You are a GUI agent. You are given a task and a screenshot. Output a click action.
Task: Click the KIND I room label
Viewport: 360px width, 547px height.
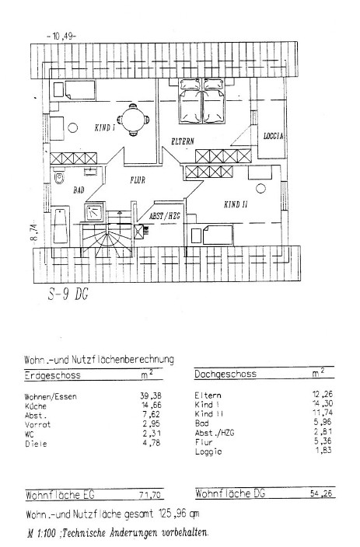click(105, 127)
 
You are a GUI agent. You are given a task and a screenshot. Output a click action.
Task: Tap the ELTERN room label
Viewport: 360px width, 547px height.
click(183, 141)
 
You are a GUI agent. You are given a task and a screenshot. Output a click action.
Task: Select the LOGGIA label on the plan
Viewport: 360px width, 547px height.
click(274, 136)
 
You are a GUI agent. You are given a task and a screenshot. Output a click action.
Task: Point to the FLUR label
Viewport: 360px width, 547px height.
click(138, 180)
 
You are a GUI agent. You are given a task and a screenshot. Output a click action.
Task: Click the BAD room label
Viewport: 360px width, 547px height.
click(79, 190)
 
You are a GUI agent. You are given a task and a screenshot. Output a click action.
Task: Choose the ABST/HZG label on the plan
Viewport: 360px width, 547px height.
click(165, 216)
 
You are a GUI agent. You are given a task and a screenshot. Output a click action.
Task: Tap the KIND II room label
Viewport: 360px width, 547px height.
click(236, 204)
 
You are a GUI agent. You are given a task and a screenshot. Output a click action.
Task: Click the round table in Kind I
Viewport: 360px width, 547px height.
click(134, 120)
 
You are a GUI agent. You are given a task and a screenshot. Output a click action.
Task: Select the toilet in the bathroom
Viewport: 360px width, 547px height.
click(59, 178)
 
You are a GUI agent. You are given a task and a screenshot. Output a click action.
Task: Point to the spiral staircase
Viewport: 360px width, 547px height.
click(107, 236)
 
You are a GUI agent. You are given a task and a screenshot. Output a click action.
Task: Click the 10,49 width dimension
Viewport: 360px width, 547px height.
click(61, 36)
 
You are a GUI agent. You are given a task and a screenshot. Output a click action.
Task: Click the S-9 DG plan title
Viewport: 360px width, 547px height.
click(68, 294)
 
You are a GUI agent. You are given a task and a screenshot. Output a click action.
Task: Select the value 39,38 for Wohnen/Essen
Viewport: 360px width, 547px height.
click(151, 395)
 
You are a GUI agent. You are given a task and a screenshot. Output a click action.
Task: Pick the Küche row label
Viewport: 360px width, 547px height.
click(36, 406)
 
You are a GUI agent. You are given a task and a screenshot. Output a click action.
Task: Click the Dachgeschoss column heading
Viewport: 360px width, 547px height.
click(225, 375)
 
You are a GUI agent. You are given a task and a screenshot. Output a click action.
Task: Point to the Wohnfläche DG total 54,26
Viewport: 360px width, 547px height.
click(321, 493)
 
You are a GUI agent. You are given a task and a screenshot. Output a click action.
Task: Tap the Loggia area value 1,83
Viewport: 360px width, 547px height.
click(323, 450)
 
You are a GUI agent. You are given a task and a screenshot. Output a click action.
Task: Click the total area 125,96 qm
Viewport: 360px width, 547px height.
click(179, 514)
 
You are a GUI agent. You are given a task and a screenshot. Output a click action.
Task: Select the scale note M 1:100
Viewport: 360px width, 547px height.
click(41, 533)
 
